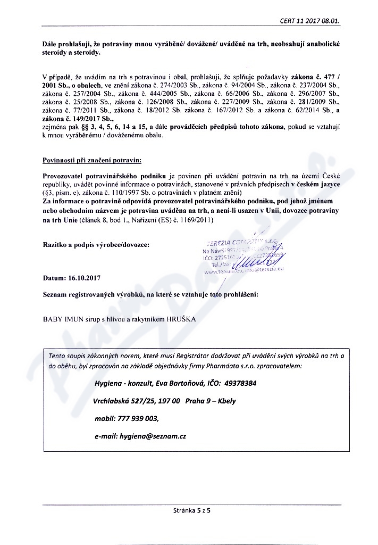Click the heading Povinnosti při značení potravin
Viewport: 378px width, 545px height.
tap(92, 159)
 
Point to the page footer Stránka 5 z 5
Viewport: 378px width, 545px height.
tap(192, 510)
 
